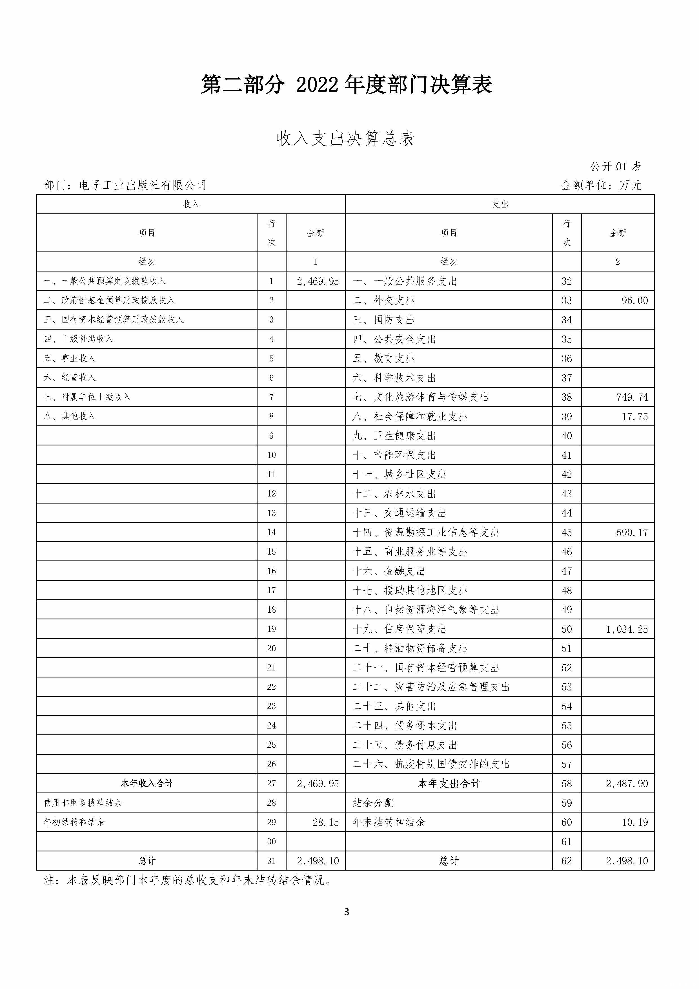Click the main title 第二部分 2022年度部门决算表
pos(347,84)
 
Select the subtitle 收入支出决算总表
pos(346,139)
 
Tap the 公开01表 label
pos(616,166)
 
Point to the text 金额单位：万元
pos(601,185)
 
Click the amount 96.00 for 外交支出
pos(634,301)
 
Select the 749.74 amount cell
pos(632,397)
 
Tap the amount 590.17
pos(632,532)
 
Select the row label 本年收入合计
pos(147,783)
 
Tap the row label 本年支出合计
pos(449,783)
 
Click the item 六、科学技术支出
pos(394,378)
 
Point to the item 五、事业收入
pos(70,358)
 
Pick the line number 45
pos(566,532)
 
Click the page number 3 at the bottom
pos(347,912)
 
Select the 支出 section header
pos(500,204)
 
